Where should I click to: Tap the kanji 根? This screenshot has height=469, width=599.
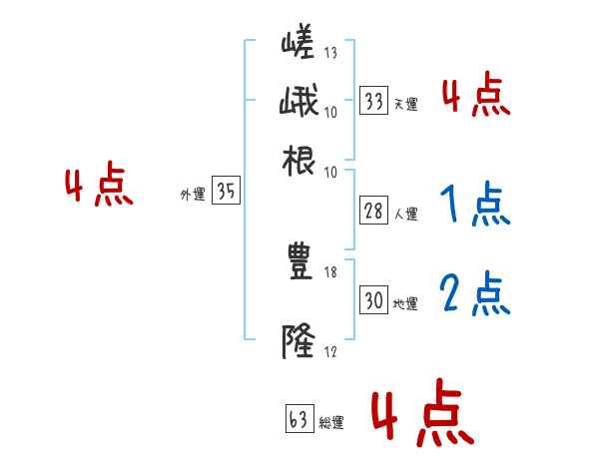(299, 161)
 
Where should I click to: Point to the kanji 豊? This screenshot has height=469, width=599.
(299, 262)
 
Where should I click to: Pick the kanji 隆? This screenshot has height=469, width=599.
(299, 341)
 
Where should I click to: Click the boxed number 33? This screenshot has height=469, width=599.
(374, 100)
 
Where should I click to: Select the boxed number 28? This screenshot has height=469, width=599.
(374, 212)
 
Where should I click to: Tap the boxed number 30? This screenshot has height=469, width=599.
(374, 299)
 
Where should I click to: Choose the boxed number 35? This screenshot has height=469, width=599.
(226, 192)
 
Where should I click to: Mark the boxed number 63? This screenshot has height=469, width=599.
(298, 420)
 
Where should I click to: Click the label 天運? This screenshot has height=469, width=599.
(405, 104)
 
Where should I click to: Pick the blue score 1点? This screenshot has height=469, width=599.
(474, 206)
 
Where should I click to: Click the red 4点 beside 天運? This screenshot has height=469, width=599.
(475, 96)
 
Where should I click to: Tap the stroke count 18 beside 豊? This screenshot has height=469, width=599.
(331, 272)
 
